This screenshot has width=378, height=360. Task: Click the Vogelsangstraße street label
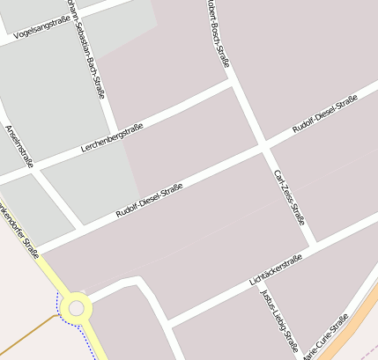[x=37, y=30]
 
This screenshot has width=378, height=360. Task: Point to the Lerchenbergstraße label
[x=111, y=138]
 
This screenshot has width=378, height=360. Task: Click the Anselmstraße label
[x=19, y=144]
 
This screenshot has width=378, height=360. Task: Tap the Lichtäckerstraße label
[x=276, y=268]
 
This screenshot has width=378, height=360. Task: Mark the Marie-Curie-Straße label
[x=326, y=336]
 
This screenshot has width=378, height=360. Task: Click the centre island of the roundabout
[x=77, y=308]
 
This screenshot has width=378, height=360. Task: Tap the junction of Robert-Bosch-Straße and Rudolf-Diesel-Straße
[x=263, y=144]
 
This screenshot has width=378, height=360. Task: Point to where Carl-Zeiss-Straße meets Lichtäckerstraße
[x=313, y=244]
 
